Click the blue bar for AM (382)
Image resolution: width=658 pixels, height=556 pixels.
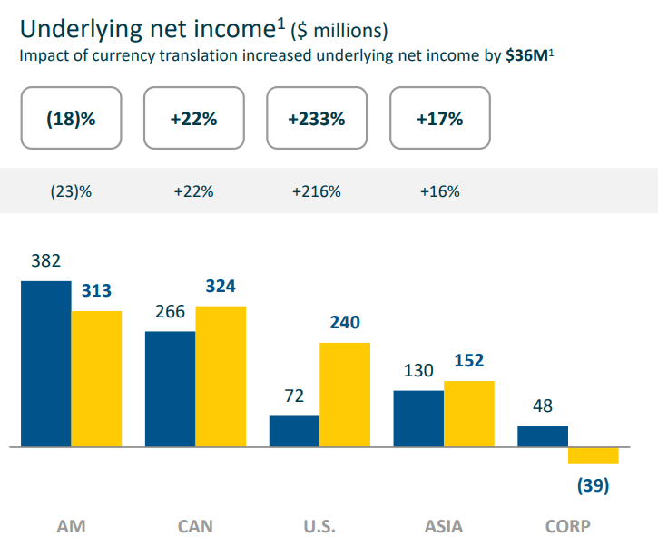[x=46, y=364]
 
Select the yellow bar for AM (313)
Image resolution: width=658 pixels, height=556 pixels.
[x=96, y=379]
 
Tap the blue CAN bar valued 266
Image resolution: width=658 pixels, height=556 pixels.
[x=171, y=389]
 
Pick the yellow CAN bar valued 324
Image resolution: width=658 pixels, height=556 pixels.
[x=221, y=376]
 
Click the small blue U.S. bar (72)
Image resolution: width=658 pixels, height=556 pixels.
[x=294, y=432]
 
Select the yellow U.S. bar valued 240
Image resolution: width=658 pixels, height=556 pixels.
[x=345, y=395]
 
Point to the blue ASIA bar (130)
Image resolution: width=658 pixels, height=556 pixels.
[x=418, y=419]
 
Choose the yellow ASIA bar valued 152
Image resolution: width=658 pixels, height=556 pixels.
[x=469, y=414]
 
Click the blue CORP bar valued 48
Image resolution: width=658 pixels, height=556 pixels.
[x=543, y=436]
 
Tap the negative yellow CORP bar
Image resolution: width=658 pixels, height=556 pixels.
[x=593, y=456]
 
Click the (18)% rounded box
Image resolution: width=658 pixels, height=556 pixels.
[x=71, y=118]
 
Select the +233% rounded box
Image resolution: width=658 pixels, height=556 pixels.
[x=316, y=118]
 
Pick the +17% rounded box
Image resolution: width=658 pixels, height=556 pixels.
[x=439, y=118]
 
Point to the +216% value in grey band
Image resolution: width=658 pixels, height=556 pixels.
[x=316, y=191]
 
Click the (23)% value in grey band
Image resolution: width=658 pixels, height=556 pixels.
[x=71, y=191]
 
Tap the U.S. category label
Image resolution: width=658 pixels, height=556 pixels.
[x=319, y=526]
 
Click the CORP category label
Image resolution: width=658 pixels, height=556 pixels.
[x=567, y=526]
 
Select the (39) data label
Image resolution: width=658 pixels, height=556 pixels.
[x=593, y=486]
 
